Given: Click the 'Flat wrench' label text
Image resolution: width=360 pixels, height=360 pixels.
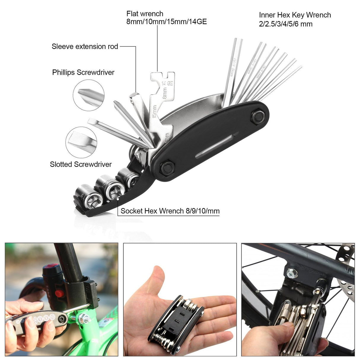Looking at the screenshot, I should coord(145,14).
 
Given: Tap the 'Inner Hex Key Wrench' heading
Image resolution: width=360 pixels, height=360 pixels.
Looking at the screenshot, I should coord(295,15).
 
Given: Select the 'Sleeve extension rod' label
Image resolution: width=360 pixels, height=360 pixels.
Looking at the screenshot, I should coord(85,47).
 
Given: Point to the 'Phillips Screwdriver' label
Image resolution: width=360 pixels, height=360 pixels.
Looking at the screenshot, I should coord(83,72).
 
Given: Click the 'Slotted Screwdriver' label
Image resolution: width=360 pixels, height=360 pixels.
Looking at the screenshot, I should coord(81,164).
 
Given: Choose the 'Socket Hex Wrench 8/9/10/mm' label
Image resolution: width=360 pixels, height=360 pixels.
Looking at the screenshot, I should coord(170,211).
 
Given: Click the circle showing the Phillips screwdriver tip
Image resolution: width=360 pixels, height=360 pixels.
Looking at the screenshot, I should coord(88,95).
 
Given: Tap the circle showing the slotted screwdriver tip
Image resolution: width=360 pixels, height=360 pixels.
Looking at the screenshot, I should coord(81,142).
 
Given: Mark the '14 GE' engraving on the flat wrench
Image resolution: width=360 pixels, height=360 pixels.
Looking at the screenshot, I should coord(168,83).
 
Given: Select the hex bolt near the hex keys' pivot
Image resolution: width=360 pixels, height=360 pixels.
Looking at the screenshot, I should coord(257,116).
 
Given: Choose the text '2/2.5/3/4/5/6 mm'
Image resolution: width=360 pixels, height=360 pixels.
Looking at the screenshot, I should coord(286,24).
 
